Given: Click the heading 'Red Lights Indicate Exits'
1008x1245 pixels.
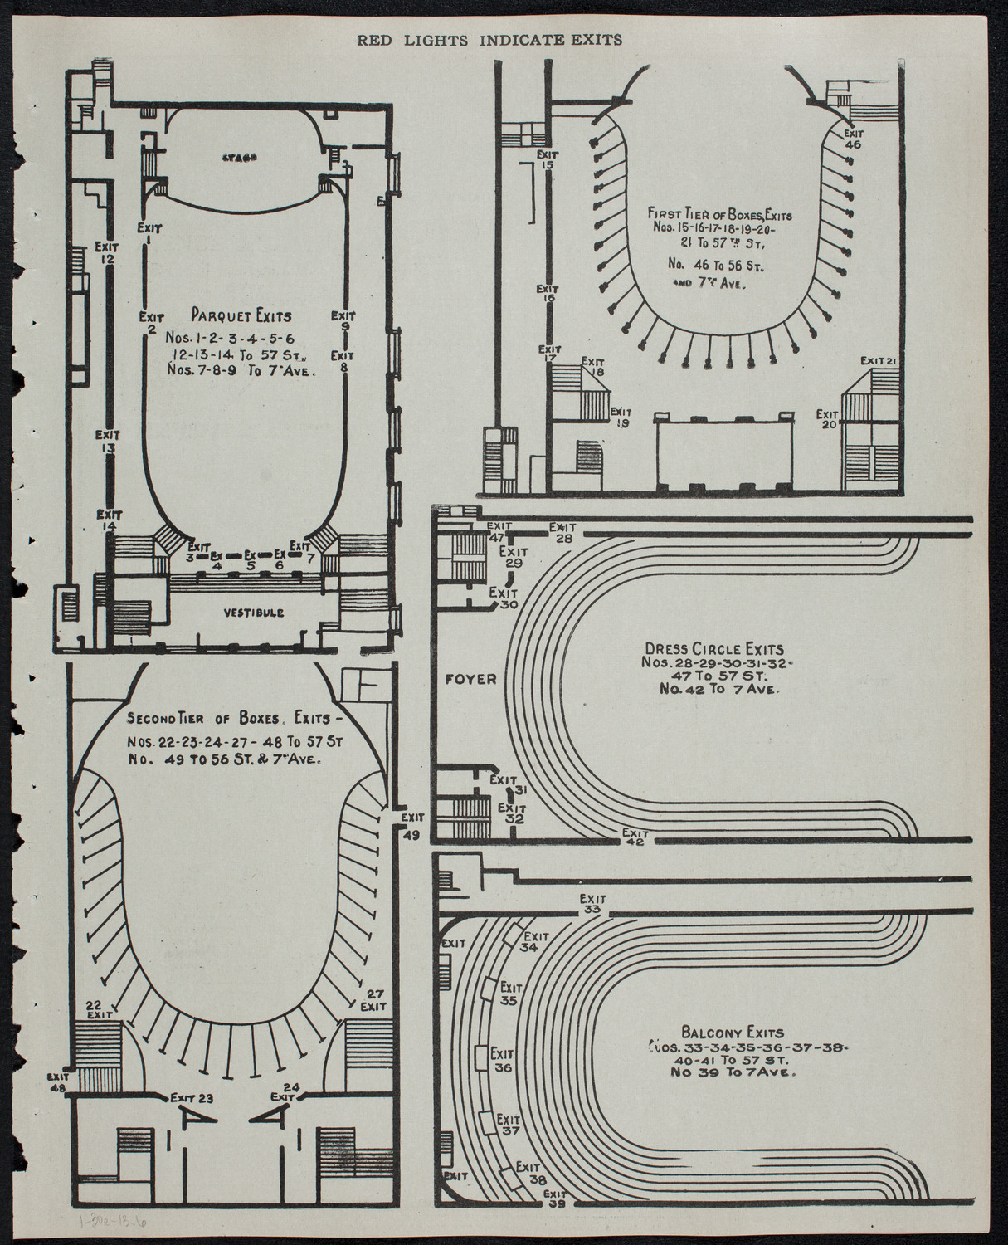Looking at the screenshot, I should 489,40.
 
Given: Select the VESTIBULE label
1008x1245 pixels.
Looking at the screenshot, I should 253,613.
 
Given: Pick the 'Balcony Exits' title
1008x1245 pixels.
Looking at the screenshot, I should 732,1033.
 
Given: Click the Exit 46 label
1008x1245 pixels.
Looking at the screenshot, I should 854,139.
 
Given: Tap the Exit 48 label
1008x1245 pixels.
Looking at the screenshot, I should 57,1081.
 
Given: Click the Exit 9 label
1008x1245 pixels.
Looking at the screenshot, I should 343,321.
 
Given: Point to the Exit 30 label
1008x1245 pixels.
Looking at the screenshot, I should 504,598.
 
